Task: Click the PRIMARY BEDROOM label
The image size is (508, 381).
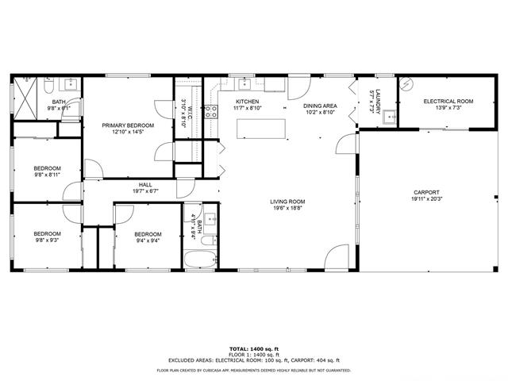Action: pyautogui.click(x=128, y=125)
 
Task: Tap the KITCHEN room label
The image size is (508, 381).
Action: pyautogui.click(x=248, y=102)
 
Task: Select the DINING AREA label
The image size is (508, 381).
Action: pyautogui.click(x=320, y=106)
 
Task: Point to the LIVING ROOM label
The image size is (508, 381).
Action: pyautogui.click(x=287, y=202)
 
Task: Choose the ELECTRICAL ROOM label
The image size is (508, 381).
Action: pyautogui.click(x=448, y=101)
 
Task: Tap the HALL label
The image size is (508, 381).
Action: pyautogui.click(x=145, y=184)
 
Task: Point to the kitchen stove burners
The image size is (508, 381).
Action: pyautogui.click(x=212, y=112)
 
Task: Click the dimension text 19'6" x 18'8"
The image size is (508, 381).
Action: pyautogui.click(x=287, y=208)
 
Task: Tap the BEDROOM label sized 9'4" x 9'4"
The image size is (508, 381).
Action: pyautogui.click(x=148, y=234)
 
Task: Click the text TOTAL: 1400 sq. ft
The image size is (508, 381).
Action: pyautogui.click(x=254, y=348)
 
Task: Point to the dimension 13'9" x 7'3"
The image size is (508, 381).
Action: pyautogui.click(x=448, y=107)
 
